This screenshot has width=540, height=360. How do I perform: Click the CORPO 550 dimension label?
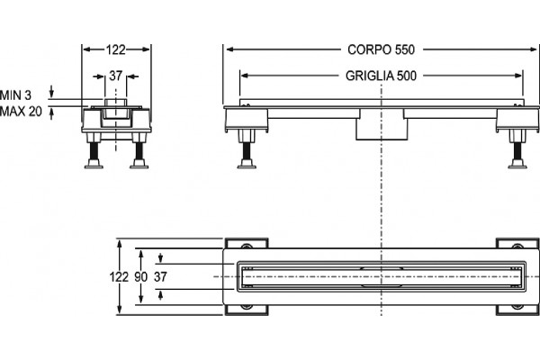tap(381, 49)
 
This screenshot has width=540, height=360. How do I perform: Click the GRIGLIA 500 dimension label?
tap(381, 76)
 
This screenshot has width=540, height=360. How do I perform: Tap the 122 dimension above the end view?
tap(115, 50)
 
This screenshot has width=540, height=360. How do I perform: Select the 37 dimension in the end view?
tap(116, 76)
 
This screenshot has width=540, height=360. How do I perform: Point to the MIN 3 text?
tap(16, 95)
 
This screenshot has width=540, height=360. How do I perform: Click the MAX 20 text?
tap(21, 112)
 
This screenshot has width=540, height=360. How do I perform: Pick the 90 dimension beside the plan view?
tap(141, 276)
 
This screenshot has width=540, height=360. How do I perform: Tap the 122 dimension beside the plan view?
tap(119, 276)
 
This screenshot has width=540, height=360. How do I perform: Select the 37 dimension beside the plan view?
tap(160, 276)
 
